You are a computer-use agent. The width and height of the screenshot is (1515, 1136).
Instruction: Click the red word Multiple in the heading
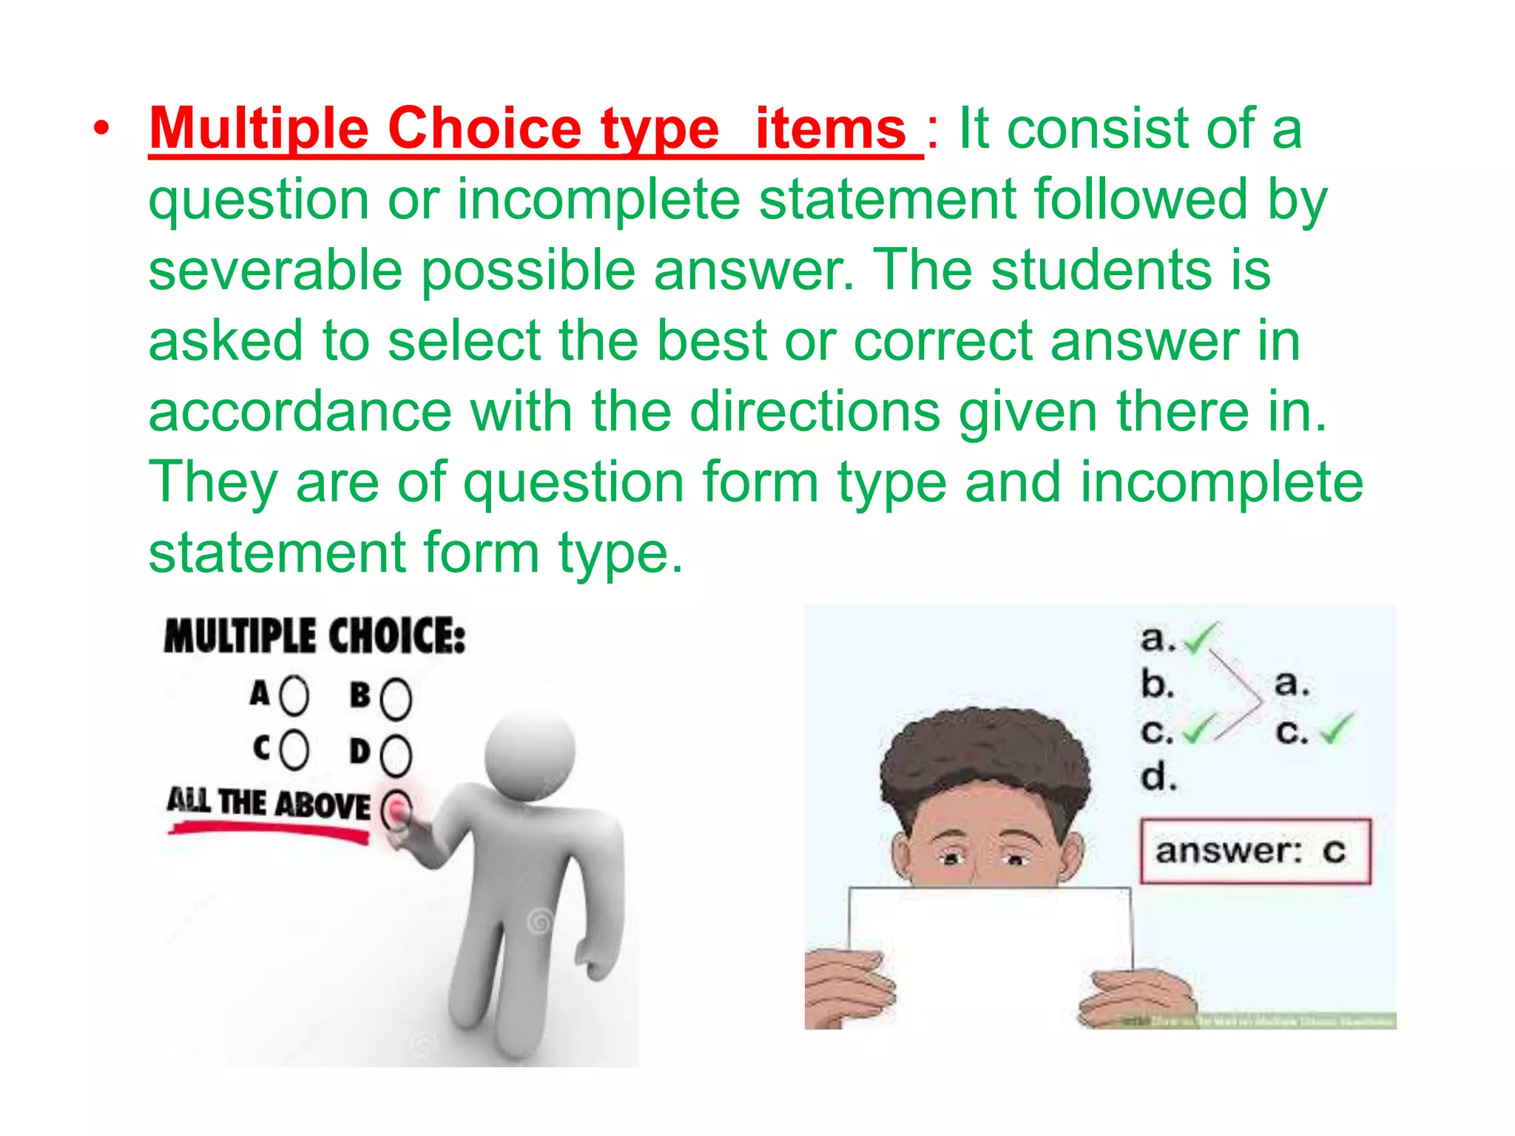tap(258, 129)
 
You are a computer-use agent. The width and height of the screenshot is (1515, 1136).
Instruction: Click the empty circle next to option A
tap(294, 696)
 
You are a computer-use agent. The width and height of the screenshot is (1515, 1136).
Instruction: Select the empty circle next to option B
tap(396, 698)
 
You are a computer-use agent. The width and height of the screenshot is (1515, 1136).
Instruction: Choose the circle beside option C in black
tap(294, 750)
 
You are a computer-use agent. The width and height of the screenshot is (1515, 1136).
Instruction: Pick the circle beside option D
tap(396, 754)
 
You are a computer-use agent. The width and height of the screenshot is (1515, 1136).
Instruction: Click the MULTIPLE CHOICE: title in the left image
tap(314, 636)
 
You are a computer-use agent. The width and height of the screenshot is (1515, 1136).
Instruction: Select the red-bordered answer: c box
tap(1255, 851)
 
